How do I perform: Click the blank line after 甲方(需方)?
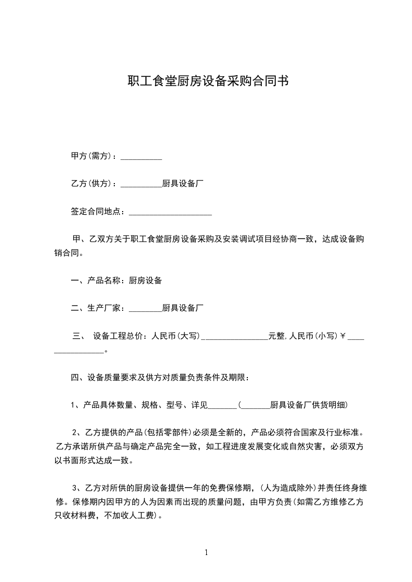coord(141,157)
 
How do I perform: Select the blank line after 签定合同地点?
coord(170,212)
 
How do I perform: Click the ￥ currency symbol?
coord(343,336)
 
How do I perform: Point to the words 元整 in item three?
coord(276,336)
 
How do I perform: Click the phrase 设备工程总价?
coord(118,336)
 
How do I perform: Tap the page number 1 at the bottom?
coord(206,552)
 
